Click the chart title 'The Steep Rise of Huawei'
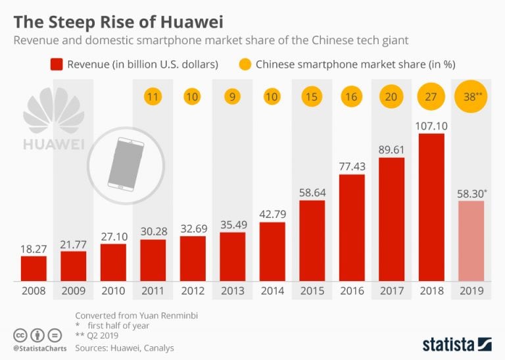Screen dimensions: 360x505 (x=118, y=21)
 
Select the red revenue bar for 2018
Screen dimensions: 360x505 (x=431, y=207)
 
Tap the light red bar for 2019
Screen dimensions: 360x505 (x=471, y=240)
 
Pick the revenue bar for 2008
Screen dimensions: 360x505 (x=34, y=268)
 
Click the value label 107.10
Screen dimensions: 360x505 (x=431, y=124)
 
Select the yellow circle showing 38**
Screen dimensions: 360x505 (x=471, y=97)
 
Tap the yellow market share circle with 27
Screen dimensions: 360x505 (x=431, y=97)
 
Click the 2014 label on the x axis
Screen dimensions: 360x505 (x=272, y=290)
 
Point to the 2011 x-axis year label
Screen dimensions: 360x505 (x=153, y=290)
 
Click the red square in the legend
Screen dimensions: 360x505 (x=56, y=64)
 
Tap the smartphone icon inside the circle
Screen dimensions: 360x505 (x=120, y=165)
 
